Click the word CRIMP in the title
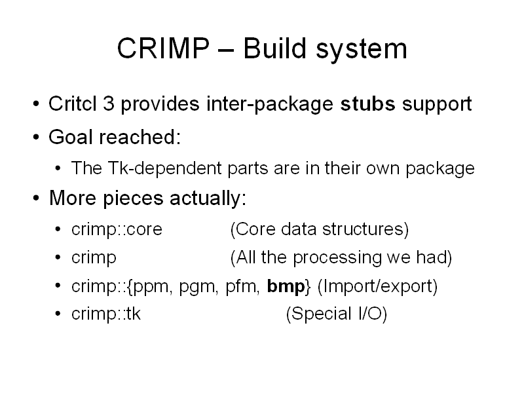(x=163, y=48)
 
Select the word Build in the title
(x=274, y=48)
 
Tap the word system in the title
(x=362, y=50)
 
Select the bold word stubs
(x=367, y=103)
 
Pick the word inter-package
(x=270, y=104)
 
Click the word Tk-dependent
(x=165, y=168)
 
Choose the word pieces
(x=133, y=199)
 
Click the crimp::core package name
(x=117, y=229)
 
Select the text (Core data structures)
(x=320, y=230)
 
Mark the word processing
(x=337, y=258)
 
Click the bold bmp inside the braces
(x=286, y=287)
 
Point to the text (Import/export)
(x=378, y=287)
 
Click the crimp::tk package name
(x=106, y=314)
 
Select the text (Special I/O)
(x=337, y=314)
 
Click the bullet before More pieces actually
(x=36, y=198)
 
